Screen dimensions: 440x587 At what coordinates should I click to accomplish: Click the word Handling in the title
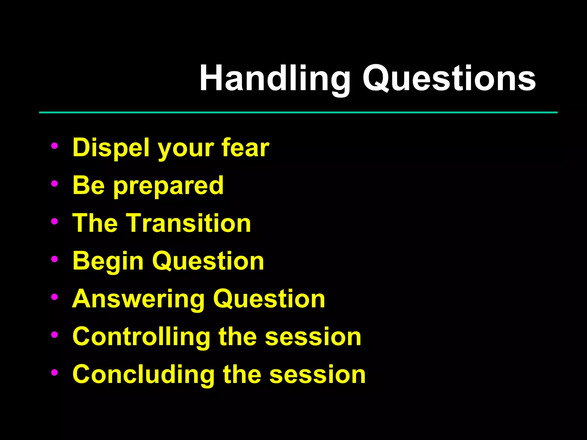[275, 79]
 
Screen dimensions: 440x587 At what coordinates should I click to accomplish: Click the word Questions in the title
[449, 79]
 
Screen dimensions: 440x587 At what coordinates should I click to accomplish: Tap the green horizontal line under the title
[298, 113]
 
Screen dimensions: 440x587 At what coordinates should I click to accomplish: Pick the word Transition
[189, 223]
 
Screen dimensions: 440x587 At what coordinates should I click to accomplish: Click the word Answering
[138, 299]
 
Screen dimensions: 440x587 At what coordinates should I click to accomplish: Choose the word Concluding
[144, 375]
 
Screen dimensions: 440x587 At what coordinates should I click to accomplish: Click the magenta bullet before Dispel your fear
[54, 146]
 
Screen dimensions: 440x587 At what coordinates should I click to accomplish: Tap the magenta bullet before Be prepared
[54, 184]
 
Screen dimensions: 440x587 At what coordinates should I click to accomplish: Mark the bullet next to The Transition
[54, 221]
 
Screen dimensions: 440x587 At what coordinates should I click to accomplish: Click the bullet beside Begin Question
[54, 259]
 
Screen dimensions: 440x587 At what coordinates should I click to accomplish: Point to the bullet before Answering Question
[54, 297]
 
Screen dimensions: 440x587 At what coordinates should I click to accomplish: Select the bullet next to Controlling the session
[54, 335]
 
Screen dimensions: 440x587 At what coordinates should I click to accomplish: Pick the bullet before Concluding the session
[54, 372]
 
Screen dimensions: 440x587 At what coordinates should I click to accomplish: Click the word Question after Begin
[208, 261]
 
